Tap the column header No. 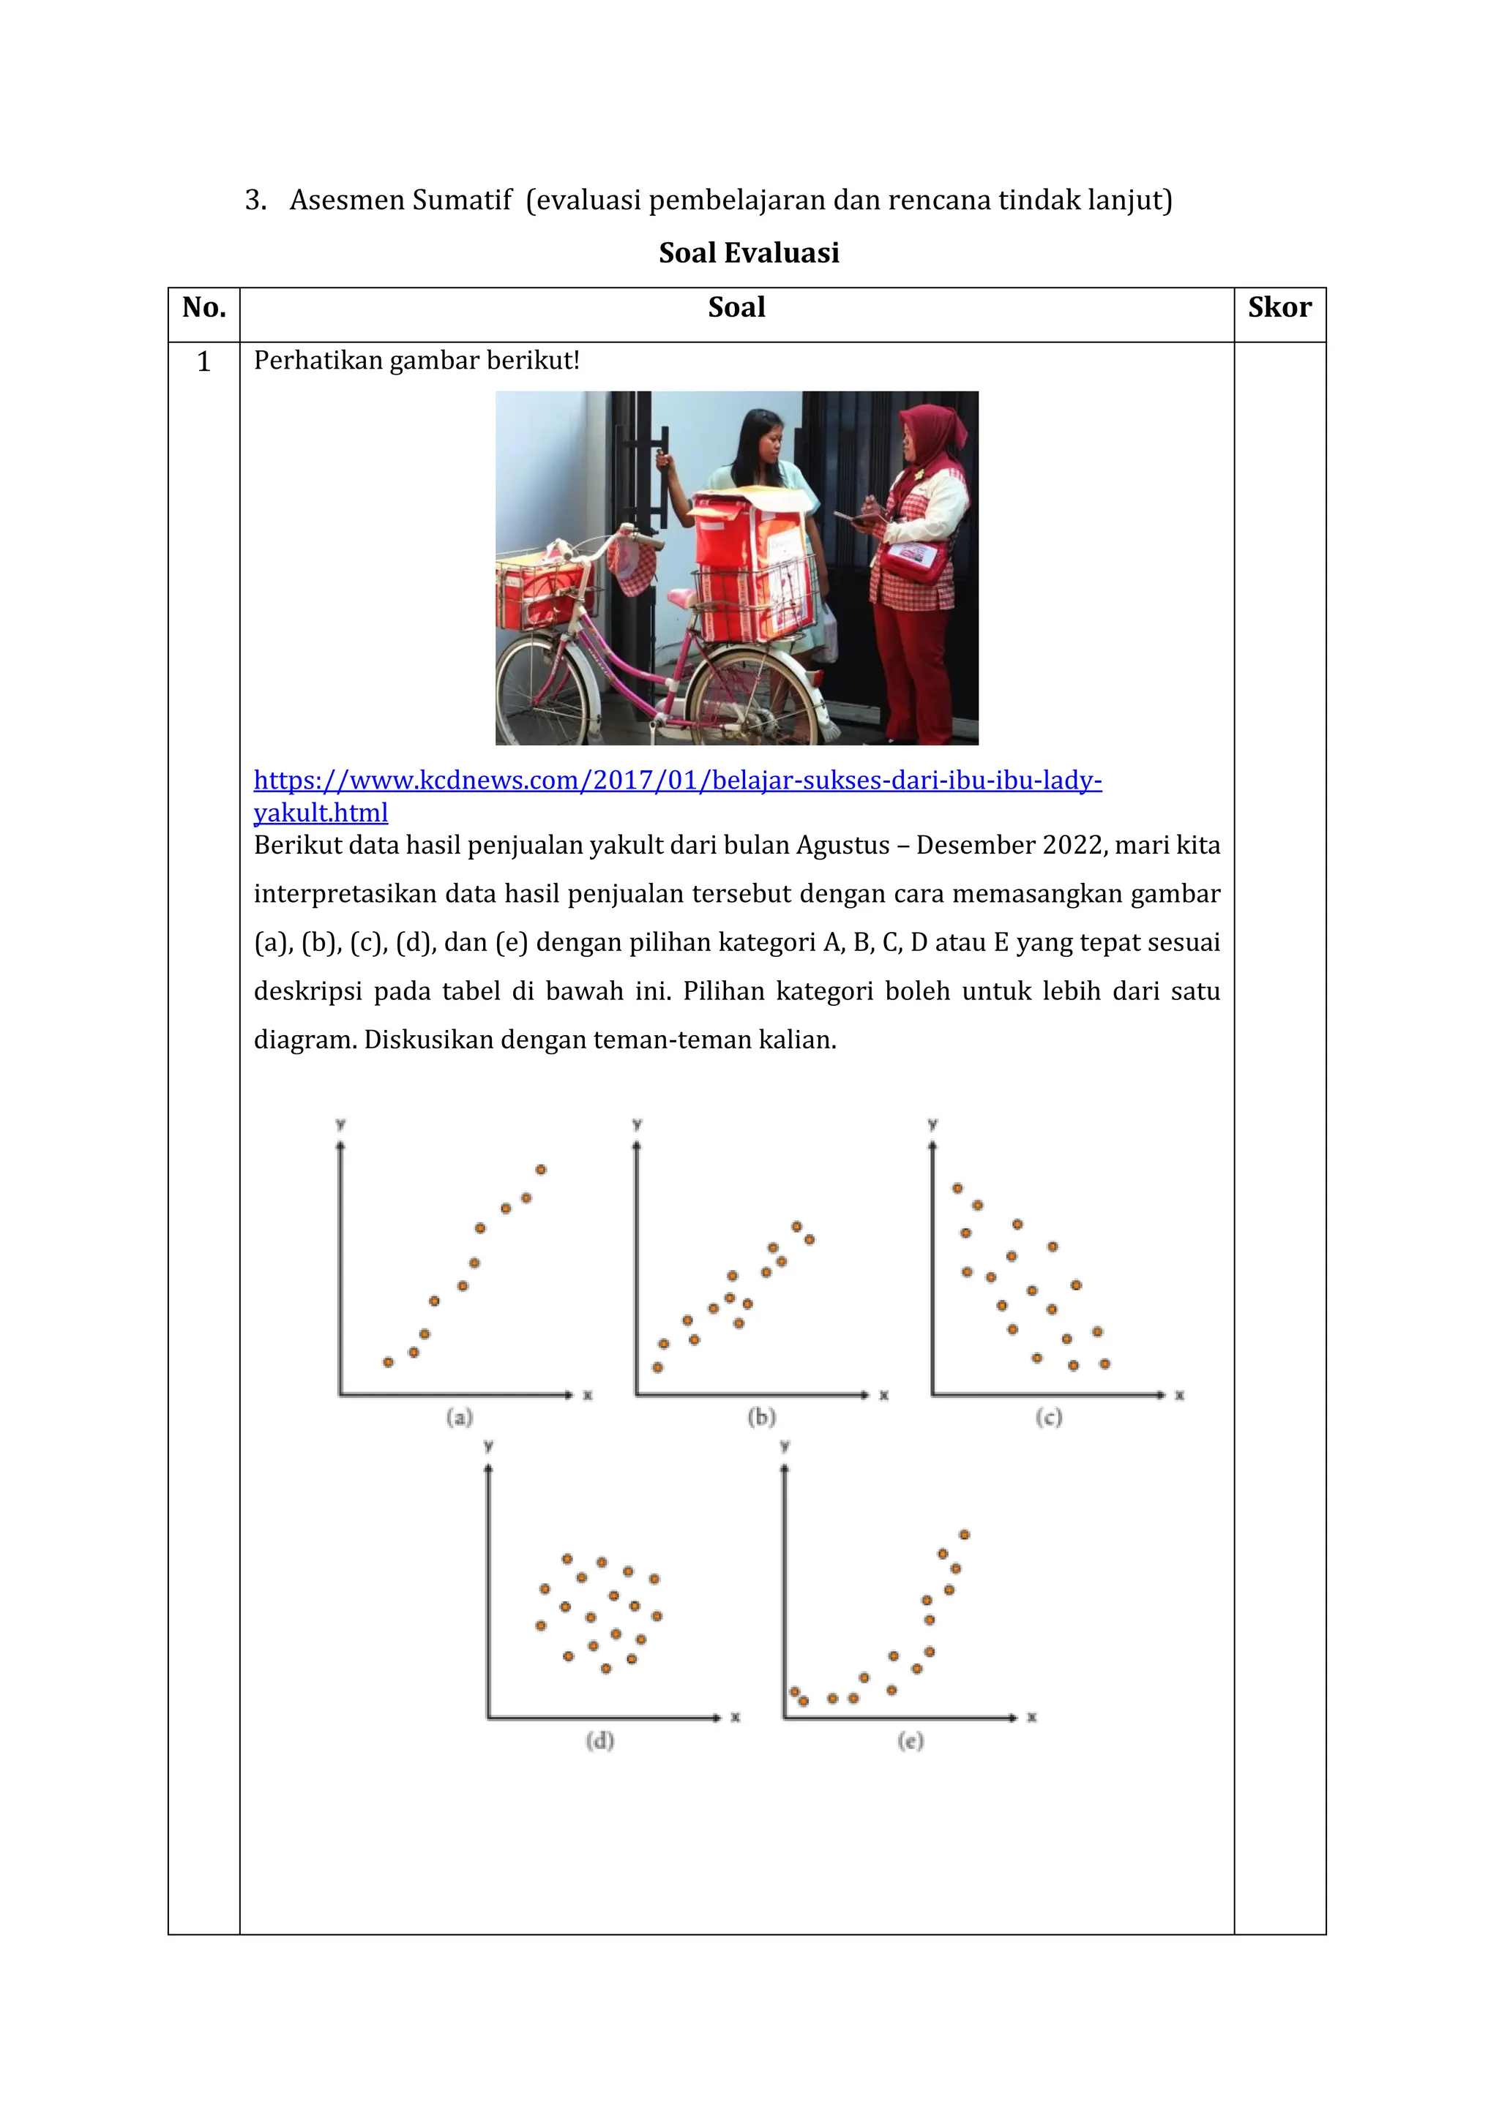pyautogui.click(x=204, y=307)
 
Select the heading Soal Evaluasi pyautogui.click(x=748, y=252)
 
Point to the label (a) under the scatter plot pyautogui.click(x=459, y=1416)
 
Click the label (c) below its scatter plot pyautogui.click(x=1048, y=1416)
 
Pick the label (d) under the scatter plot pyautogui.click(x=599, y=1740)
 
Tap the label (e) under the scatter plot pyautogui.click(x=910, y=1740)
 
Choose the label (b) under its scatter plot pyautogui.click(x=761, y=1416)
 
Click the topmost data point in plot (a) pyautogui.click(x=540, y=1170)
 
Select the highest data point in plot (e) pyautogui.click(x=963, y=1535)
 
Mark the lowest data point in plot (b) pyautogui.click(x=657, y=1367)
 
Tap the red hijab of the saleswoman pyautogui.click(x=934, y=434)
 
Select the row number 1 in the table pyautogui.click(x=204, y=362)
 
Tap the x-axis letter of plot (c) pyautogui.click(x=1178, y=1395)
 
